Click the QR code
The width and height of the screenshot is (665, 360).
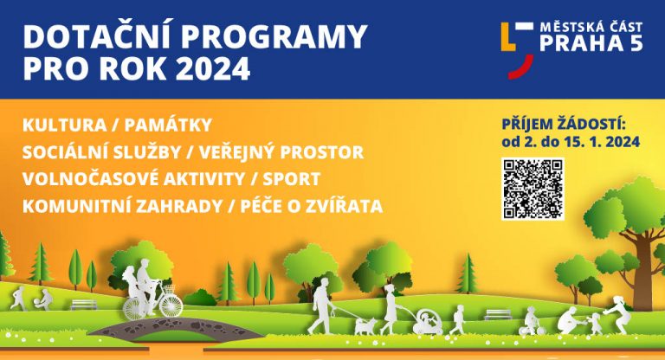[533, 189]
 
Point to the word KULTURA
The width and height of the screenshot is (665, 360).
[64, 125]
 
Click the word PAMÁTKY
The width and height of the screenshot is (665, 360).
[168, 125]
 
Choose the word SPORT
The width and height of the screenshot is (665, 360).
[291, 179]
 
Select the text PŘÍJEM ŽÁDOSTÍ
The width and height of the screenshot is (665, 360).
[564, 125]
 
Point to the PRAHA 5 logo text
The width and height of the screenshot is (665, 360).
[591, 43]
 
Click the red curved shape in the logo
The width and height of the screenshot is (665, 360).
[521, 67]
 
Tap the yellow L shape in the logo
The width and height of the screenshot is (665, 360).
[508, 37]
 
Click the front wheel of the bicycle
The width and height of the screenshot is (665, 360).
[171, 305]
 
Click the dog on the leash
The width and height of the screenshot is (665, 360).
[365, 326]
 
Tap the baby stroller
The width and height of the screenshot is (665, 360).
[429, 323]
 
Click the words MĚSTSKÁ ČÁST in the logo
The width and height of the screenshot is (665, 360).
[591, 28]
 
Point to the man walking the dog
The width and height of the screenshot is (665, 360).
[323, 305]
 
